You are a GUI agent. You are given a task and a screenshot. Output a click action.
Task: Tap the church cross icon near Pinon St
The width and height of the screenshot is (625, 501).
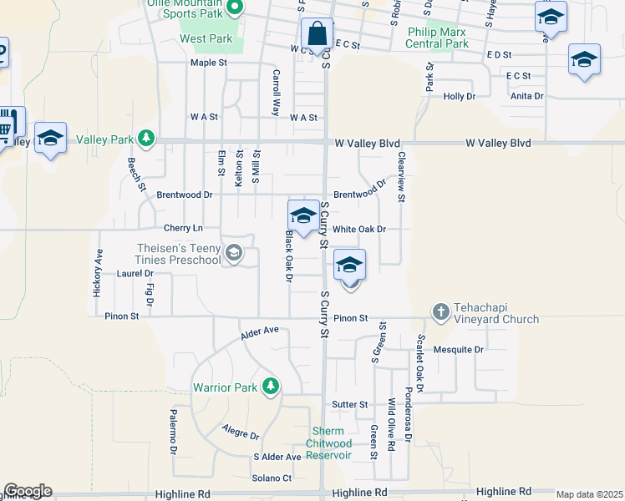(441, 312)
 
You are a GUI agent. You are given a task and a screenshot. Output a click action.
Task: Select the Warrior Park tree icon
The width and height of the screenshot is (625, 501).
(270, 386)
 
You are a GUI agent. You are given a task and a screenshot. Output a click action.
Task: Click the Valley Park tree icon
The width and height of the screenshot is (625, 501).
(147, 138)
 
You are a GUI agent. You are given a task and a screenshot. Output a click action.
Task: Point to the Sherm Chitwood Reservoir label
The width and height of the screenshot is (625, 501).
(327, 443)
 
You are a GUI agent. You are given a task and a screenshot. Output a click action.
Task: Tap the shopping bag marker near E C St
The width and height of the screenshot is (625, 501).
(317, 35)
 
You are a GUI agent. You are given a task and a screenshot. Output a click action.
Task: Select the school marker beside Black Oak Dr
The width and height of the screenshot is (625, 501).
(302, 215)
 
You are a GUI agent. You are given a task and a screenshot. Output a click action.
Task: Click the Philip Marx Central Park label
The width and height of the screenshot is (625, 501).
(437, 38)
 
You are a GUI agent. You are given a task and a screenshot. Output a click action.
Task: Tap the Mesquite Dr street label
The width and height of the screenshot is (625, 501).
(467, 350)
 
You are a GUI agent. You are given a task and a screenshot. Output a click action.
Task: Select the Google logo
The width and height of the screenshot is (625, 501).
(28, 491)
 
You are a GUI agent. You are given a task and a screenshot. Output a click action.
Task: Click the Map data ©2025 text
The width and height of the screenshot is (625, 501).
(589, 494)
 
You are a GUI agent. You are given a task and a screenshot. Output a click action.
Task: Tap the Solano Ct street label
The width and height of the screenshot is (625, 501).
(272, 478)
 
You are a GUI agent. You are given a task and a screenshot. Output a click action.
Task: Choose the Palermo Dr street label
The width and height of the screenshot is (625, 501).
(175, 438)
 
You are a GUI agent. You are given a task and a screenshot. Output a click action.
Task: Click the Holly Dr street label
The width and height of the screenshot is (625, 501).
(459, 97)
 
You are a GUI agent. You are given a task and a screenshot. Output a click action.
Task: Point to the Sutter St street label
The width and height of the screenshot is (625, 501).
(350, 404)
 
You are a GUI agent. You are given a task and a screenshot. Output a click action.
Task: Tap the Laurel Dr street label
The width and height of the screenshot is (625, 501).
(135, 273)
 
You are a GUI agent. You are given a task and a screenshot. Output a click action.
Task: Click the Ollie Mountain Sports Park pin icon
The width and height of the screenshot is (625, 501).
(235, 8)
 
